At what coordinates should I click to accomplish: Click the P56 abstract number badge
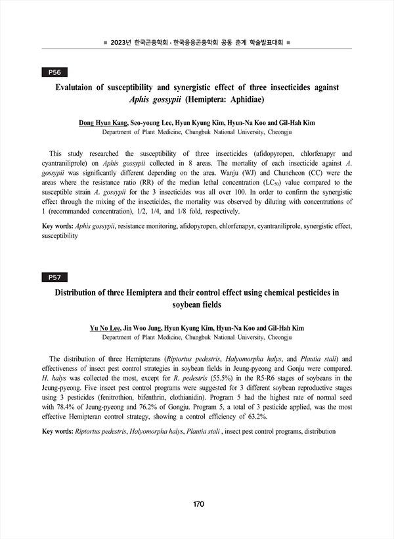pyautogui.click(x=55, y=72)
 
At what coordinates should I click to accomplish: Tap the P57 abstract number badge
pyautogui.click(x=55, y=277)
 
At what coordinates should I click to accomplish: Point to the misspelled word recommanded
pyautogui.click(x=76, y=212)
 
